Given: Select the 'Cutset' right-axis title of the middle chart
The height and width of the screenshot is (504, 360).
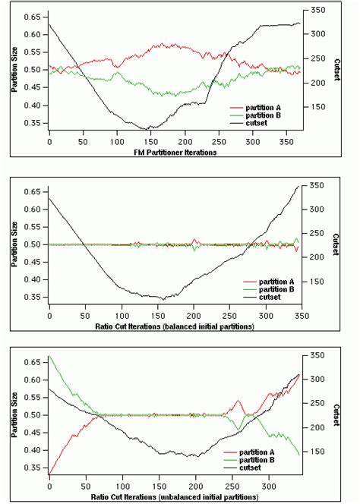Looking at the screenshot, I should pyautogui.click(x=336, y=243).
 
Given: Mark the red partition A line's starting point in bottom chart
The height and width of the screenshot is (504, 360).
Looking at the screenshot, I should pyautogui.click(x=49, y=474).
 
